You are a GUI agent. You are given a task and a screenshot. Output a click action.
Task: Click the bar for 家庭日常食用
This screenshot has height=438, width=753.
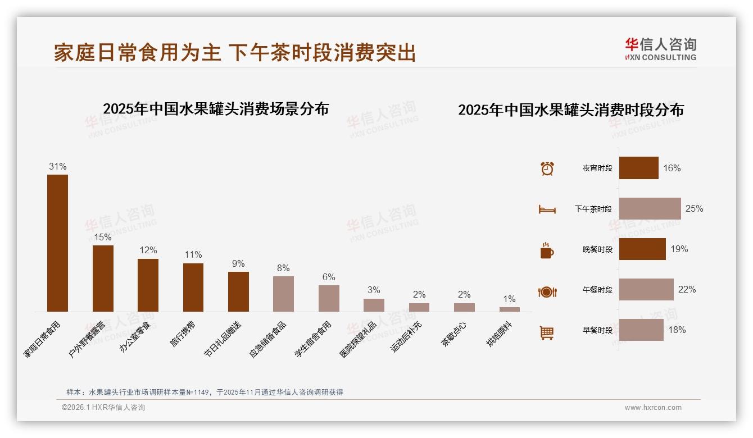[57, 243]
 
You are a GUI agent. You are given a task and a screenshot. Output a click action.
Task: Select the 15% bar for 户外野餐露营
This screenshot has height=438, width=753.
[103, 279]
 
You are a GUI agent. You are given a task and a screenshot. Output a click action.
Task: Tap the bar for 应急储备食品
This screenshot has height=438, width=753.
[283, 294]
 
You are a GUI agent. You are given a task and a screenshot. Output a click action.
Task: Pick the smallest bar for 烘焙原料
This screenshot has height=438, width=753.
[509, 309]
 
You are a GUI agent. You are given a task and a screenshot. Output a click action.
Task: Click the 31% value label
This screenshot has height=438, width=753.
[57, 166]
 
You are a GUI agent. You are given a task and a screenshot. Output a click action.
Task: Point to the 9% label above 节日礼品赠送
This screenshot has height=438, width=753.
[238, 263]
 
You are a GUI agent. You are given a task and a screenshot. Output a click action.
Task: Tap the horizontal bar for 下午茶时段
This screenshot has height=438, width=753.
[650, 208]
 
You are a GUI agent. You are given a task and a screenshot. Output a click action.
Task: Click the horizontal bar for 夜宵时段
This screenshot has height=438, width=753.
[638, 168]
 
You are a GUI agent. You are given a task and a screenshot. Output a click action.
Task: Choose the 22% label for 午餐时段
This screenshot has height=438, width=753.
[687, 289]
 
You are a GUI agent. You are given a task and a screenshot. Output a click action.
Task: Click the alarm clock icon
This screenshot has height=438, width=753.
[547, 168]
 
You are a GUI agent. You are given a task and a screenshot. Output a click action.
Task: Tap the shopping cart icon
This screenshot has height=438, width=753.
[547, 332]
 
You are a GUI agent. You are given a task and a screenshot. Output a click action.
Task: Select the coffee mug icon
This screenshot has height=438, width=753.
[547, 250]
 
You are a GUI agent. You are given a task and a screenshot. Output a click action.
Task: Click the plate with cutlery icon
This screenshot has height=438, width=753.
[547, 291]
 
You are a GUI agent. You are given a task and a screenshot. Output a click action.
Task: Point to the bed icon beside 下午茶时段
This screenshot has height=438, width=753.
[547, 209]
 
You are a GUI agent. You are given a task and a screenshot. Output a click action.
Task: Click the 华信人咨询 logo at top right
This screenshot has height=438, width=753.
[660, 49]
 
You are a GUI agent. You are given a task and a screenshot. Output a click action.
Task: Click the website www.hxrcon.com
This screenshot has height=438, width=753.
[653, 408]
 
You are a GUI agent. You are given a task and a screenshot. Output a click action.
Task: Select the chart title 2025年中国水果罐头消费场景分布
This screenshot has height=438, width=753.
[216, 108]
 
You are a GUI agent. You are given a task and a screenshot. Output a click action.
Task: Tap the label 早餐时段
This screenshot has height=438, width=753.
[597, 330]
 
